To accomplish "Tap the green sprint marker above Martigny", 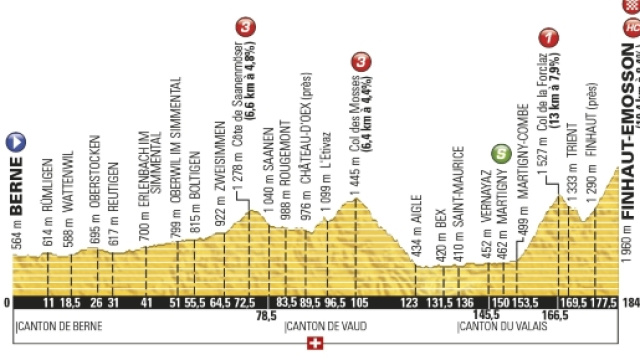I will [x=499, y=154].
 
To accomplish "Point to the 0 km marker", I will [x=7, y=302].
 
